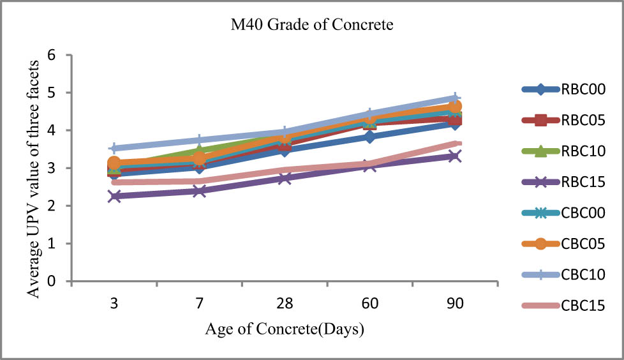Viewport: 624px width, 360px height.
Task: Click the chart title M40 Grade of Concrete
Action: click(x=312, y=26)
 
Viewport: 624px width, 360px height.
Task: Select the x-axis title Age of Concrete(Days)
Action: click(x=285, y=329)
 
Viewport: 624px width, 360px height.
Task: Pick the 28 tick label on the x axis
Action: click(x=285, y=304)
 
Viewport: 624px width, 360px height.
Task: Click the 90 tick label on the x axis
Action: click(x=454, y=304)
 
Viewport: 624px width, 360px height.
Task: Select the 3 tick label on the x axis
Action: click(x=114, y=304)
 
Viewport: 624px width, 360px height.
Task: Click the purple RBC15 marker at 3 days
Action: click(x=114, y=196)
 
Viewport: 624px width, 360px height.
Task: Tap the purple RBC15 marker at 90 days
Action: click(x=454, y=156)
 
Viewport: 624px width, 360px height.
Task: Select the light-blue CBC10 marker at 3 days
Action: click(x=114, y=148)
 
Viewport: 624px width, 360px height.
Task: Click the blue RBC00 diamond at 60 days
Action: click(x=369, y=137)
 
